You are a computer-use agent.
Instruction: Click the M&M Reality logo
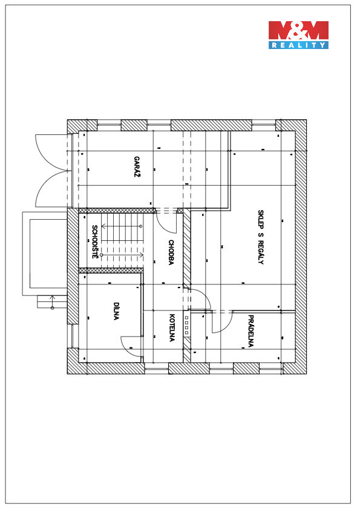point(298,34)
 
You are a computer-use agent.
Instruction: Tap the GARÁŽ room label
point(137,167)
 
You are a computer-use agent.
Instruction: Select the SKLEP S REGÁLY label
point(261,237)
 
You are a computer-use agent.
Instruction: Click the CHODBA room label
point(171,252)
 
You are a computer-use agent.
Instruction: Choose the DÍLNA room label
point(116,311)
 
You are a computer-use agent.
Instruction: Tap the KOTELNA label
point(172,327)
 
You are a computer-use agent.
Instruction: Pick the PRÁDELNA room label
point(250,331)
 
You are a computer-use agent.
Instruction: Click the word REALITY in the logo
point(298,45)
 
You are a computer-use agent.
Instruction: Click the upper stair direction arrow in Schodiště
point(122,226)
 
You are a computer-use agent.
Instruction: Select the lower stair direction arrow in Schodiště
point(122,255)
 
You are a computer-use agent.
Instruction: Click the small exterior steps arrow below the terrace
point(52,301)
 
